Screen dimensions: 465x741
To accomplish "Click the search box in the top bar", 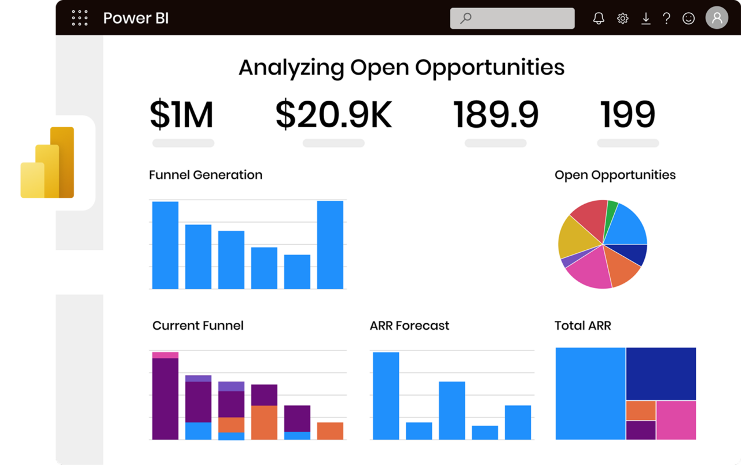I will [512, 18].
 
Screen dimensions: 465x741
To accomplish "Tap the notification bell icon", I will [599, 19].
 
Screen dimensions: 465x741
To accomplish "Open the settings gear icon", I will [623, 19].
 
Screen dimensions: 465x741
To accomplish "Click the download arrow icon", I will [645, 19].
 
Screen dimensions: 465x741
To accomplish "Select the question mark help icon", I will [666, 19].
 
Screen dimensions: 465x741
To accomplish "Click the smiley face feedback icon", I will [688, 19].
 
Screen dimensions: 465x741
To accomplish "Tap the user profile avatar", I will [717, 18].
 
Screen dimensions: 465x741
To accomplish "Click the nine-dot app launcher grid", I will [79, 18].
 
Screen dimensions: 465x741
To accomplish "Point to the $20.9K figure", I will [333, 115].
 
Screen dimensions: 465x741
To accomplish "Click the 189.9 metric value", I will [496, 115].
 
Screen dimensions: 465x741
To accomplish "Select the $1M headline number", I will [182, 115].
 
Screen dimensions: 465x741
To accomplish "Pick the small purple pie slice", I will [568, 261].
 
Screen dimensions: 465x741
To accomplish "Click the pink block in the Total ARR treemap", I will [676, 420].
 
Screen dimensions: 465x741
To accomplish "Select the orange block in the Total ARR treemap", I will [640, 411].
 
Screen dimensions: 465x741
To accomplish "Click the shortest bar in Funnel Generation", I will [297, 271].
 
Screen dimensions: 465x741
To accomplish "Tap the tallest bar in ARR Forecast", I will [386, 396].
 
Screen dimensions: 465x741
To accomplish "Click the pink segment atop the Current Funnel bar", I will [165, 355].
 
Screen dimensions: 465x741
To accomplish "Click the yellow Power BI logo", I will [47, 163].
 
